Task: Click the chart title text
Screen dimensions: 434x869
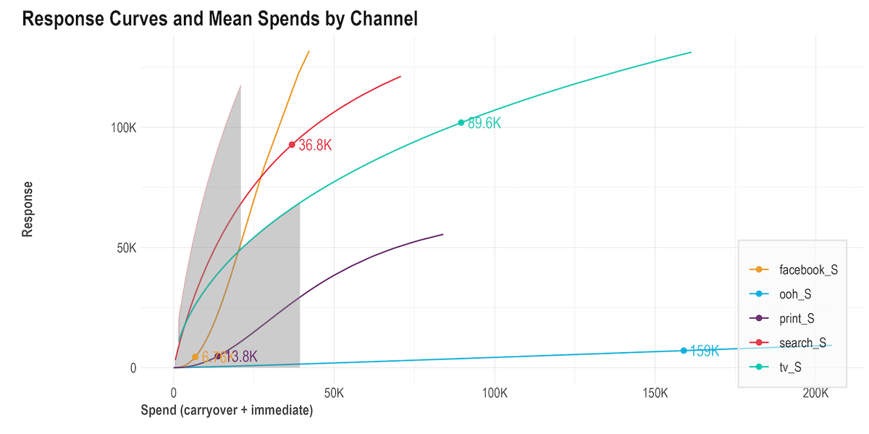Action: (220, 20)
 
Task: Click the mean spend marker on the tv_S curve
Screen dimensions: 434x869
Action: (461, 122)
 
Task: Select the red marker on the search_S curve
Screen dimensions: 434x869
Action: (292, 145)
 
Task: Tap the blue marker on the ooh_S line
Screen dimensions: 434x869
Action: (683, 351)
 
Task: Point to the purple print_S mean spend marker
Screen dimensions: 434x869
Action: (218, 356)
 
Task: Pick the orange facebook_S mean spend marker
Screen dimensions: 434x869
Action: (195, 356)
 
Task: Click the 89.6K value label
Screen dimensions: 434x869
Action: (484, 123)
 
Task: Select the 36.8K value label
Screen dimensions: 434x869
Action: (315, 146)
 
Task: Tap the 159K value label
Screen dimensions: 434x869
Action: (704, 351)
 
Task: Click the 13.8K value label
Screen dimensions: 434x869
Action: (242, 356)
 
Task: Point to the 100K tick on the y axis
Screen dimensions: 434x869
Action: (123, 128)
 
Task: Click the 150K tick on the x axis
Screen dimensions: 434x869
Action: (655, 393)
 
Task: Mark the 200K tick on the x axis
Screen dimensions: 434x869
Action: (815, 393)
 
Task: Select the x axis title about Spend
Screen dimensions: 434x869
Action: (226, 411)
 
